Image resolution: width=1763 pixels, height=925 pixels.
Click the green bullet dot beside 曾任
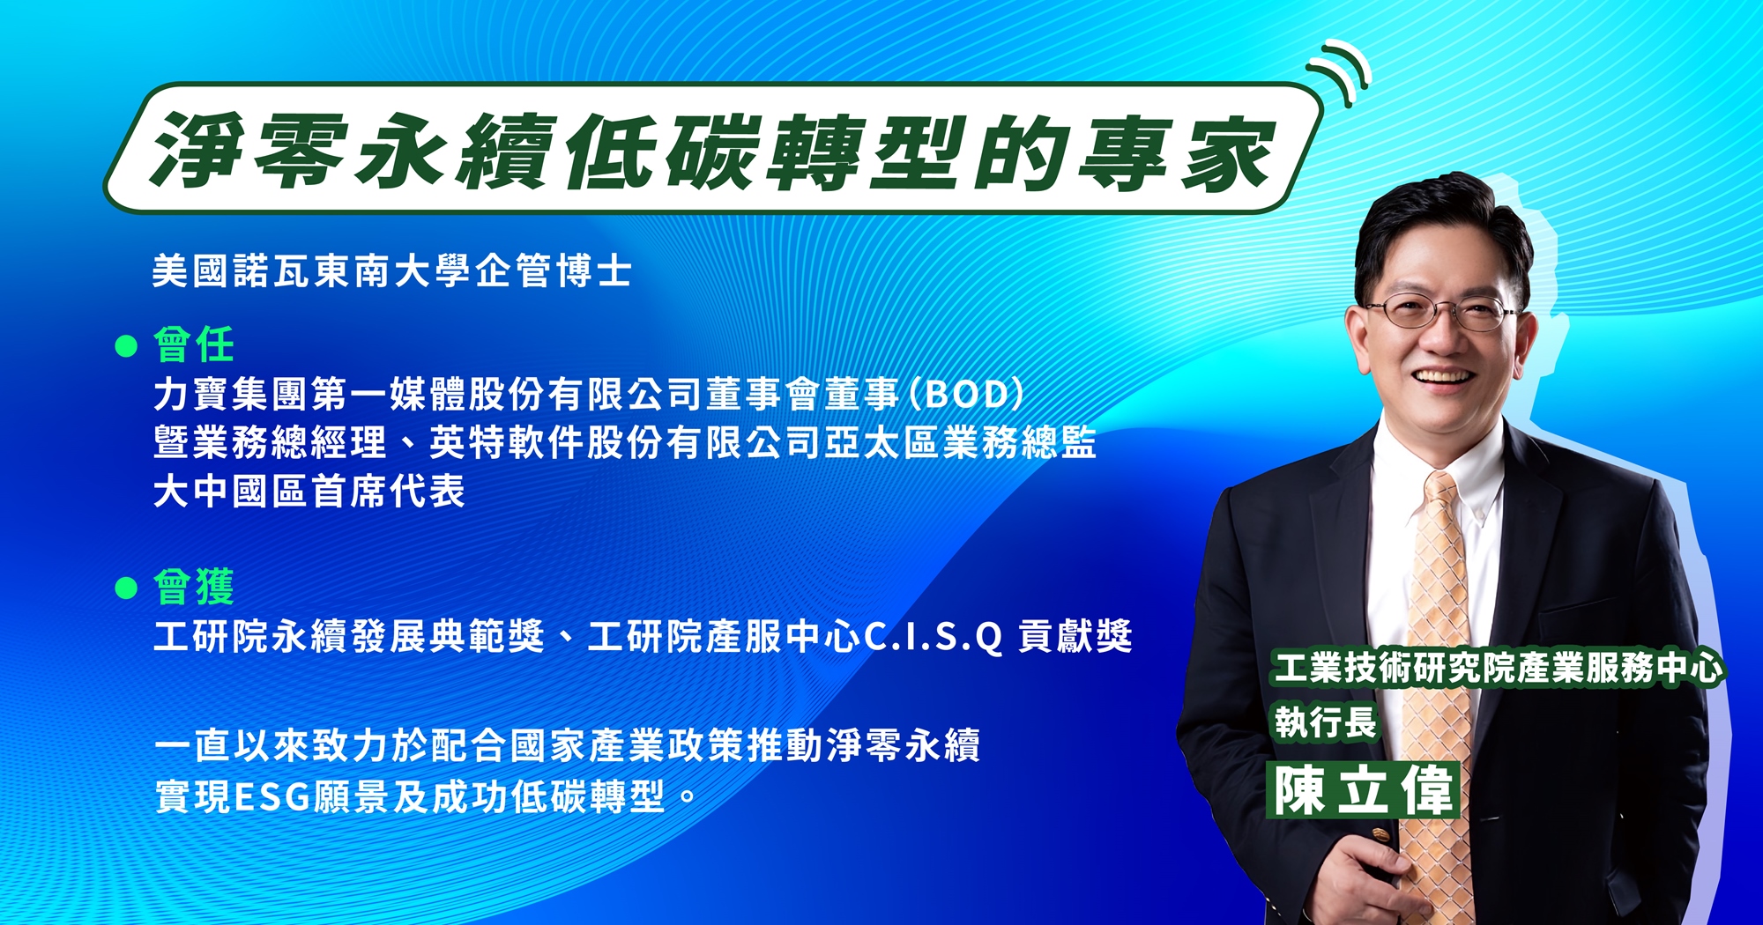127,345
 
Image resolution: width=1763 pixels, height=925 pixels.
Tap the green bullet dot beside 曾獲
127,588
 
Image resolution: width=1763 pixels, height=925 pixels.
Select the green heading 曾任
194,344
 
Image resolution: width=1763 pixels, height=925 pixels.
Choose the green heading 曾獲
194,587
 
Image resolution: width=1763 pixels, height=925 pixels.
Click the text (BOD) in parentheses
967,394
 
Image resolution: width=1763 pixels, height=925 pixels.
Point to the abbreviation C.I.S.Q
934,636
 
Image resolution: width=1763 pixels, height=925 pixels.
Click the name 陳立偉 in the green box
1363,790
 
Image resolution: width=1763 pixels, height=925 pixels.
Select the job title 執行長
1325,722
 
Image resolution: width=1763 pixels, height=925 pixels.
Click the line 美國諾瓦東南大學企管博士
392,270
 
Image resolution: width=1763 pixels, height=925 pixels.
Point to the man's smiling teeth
1443,377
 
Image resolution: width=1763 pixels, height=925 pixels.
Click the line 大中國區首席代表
309,491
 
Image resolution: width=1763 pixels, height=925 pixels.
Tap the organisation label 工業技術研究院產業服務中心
1498,667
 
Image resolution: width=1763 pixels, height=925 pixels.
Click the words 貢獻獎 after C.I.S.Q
1075,636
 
